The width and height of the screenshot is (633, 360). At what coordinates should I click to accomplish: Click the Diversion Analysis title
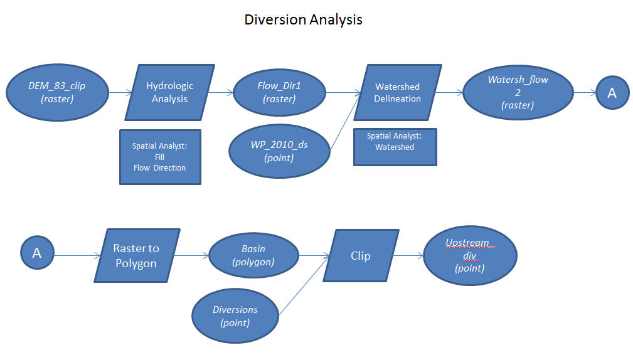point(303,19)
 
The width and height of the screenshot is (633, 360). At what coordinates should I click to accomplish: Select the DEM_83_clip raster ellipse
point(56,92)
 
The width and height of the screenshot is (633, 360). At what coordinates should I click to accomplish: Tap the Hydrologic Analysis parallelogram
point(169,92)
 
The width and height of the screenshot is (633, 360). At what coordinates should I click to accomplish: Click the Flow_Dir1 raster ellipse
point(279,92)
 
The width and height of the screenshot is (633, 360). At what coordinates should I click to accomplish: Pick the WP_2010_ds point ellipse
point(279,151)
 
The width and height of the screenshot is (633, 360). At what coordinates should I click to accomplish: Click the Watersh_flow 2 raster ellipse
point(518,93)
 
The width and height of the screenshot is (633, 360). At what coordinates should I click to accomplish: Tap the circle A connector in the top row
point(612,93)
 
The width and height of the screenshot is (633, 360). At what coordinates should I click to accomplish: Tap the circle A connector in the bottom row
point(37,253)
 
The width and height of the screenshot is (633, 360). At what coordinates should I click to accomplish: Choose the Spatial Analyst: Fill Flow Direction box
point(160,157)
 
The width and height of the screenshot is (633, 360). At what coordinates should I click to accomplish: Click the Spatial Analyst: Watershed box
point(395,147)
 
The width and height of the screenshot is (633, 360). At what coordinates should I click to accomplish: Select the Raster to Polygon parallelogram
point(136,255)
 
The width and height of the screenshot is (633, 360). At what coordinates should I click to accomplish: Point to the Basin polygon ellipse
point(253,255)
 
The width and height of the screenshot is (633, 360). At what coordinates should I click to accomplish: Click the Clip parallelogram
point(361,255)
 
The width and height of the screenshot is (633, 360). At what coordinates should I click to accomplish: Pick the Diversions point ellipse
point(235,316)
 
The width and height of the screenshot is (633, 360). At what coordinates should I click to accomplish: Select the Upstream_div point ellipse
point(470,255)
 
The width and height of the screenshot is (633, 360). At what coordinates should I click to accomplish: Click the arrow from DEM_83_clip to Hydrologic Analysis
point(120,93)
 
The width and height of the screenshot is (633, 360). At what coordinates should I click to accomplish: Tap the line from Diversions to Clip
point(303,286)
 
